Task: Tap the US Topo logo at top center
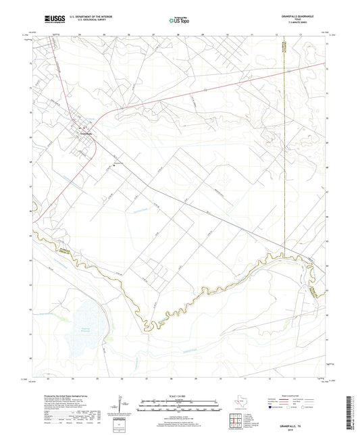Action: pyautogui.click(x=178, y=21)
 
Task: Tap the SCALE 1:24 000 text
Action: pyautogui.click(x=179, y=395)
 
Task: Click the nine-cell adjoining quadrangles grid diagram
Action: pyautogui.click(x=238, y=419)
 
